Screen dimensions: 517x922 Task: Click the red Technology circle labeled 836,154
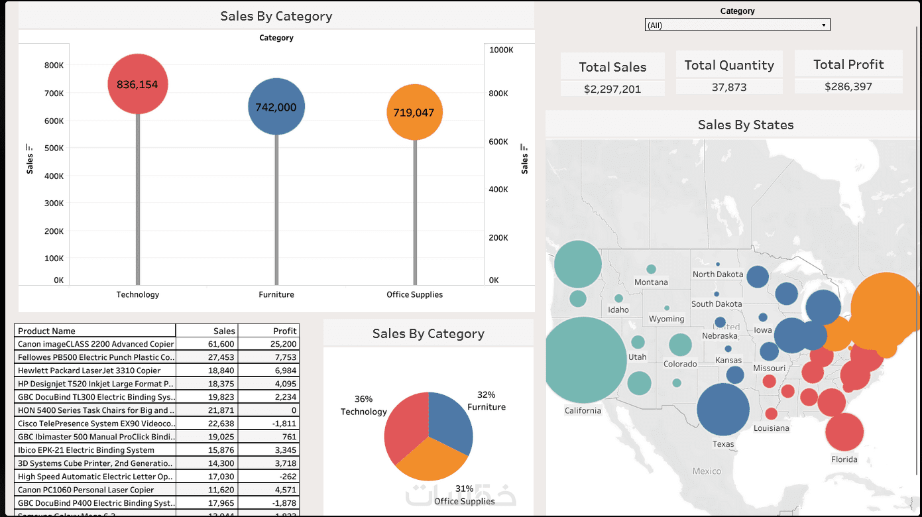click(138, 84)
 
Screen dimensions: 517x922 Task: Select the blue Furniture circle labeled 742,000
click(276, 107)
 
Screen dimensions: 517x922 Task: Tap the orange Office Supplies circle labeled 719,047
click(414, 113)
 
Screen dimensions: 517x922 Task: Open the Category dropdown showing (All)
click(737, 25)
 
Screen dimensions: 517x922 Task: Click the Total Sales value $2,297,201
click(612, 89)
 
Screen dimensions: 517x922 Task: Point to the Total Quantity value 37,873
click(729, 87)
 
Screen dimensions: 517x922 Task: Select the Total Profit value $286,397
click(848, 86)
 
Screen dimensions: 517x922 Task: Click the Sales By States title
click(745, 125)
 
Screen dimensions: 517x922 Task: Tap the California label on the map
click(583, 410)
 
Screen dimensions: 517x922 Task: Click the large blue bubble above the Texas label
click(722, 408)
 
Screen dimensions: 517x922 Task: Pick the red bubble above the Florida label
click(844, 431)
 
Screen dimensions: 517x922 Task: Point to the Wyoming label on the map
click(666, 319)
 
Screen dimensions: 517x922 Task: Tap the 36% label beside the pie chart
click(363, 399)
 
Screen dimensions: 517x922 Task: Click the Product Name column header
click(47, 331)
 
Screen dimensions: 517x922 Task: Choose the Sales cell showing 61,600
click(221, 344)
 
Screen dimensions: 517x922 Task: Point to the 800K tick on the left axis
click(54, 65)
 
